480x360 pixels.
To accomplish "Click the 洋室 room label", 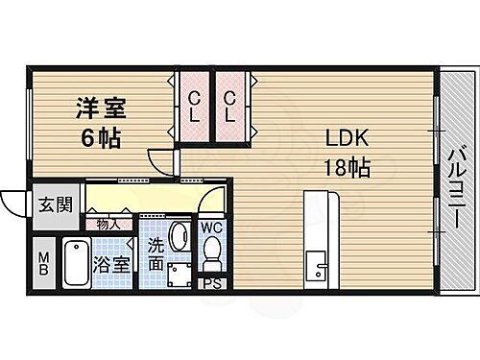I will [100, 108].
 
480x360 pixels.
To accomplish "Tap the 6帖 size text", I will [100, 137].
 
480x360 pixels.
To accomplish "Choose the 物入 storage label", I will [108, 225].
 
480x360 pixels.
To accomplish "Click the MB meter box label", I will [44, 263].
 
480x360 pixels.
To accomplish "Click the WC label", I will [212, 228].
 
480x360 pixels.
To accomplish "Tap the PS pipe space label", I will [211, 283].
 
